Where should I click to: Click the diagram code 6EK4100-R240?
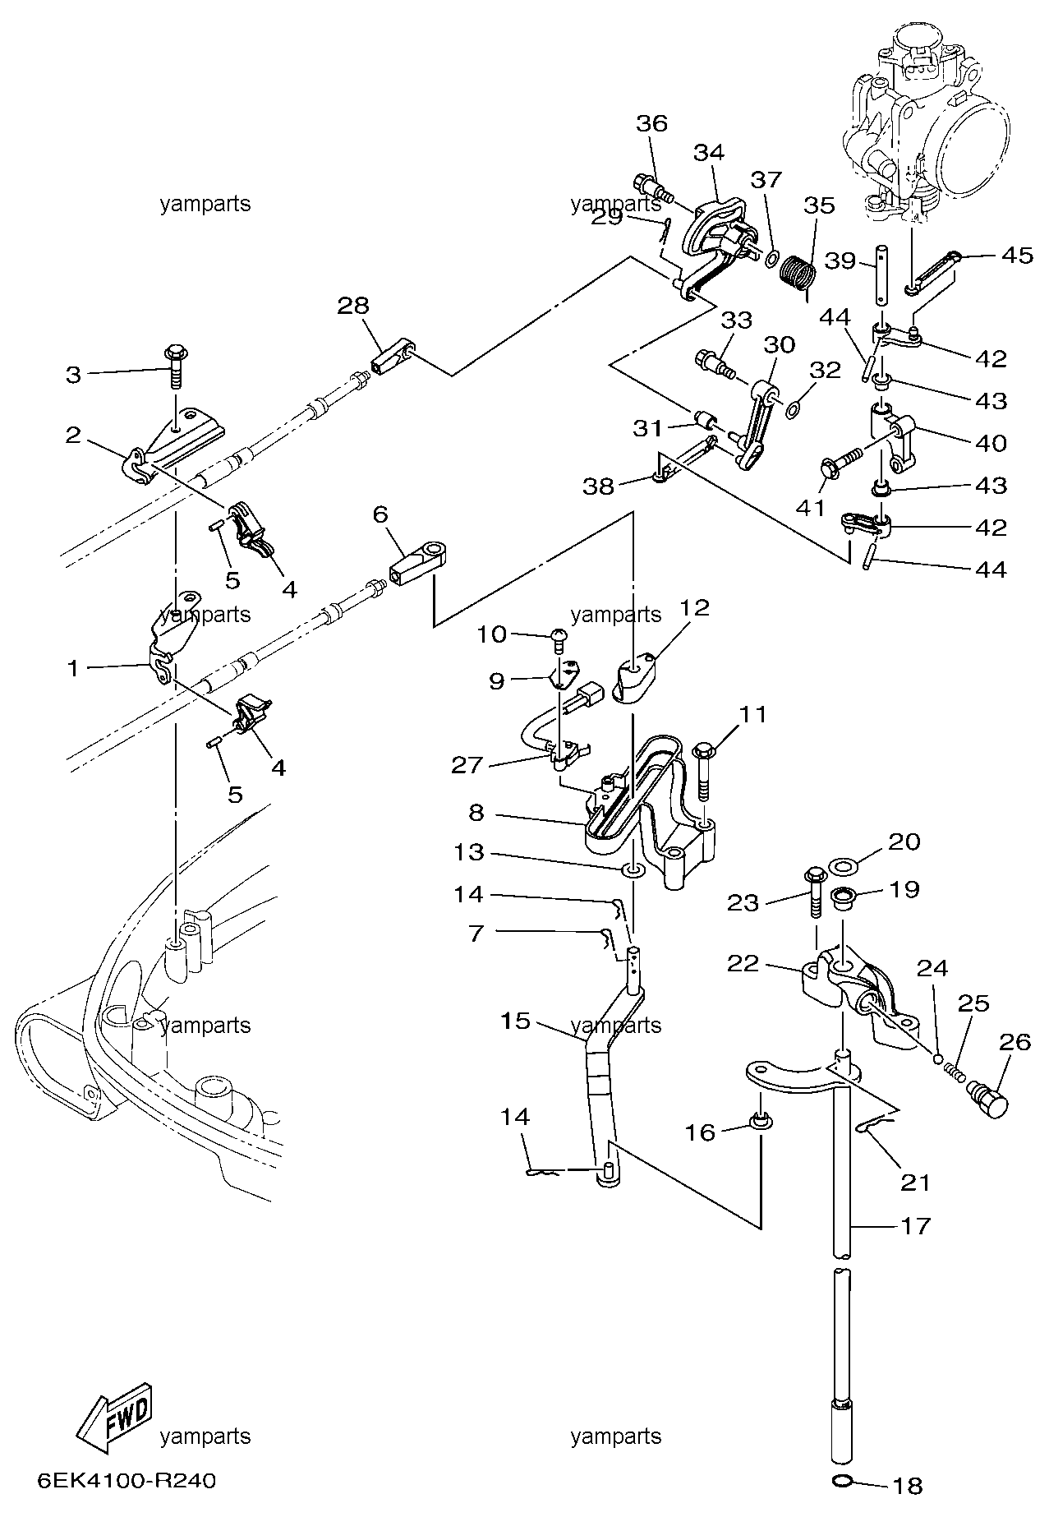[127, 1481]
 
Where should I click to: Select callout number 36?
[652, 123]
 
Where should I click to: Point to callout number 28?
[353, 306]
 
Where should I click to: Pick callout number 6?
[380, 514]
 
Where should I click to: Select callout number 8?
[476, 813]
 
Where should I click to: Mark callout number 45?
[1017, 256]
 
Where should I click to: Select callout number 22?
[744, 963]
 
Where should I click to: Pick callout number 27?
[467, 765]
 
